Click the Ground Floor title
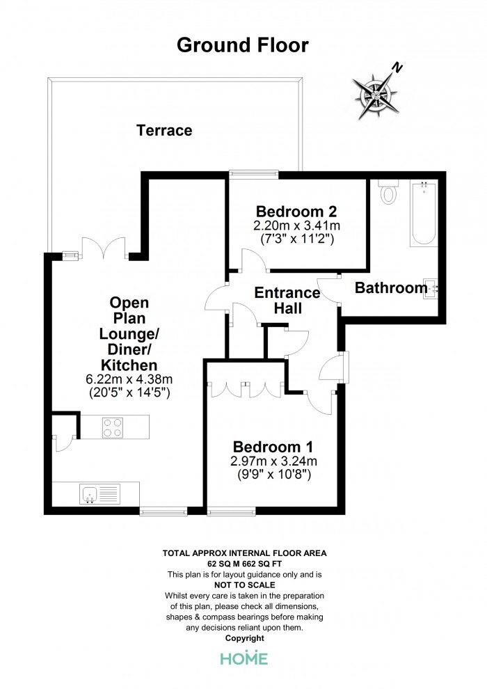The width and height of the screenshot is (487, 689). click(x=242, y=45)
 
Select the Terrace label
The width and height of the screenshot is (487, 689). click(x=164, y=130)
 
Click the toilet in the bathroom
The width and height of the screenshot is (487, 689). click(x=388, y=191)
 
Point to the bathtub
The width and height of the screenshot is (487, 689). click(x=424, y=213)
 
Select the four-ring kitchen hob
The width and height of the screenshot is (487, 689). click(x=113, y=427)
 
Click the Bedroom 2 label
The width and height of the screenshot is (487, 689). click(x=296, y=212)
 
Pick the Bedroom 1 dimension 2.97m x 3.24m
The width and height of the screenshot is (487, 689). click(x=273, y=461)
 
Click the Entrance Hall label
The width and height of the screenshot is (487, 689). click(x=287, y=300)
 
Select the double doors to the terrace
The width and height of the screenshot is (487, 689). click(x=104, y=248)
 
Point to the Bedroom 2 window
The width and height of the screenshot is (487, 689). click(x=254, y=175)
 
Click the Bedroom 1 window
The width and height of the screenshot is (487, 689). click(x=231, y=511)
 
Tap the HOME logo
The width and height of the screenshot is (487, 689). click(x=243, y=658)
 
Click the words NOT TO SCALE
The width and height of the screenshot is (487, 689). click(x=245, y=585)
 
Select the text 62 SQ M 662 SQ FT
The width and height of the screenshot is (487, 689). click(x=245, y=564)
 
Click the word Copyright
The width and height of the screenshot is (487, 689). click(x=245, y=638)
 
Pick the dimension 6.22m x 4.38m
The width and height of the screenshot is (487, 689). click(x=129, y=379)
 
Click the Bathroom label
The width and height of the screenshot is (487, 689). click(x=391, y=288)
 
